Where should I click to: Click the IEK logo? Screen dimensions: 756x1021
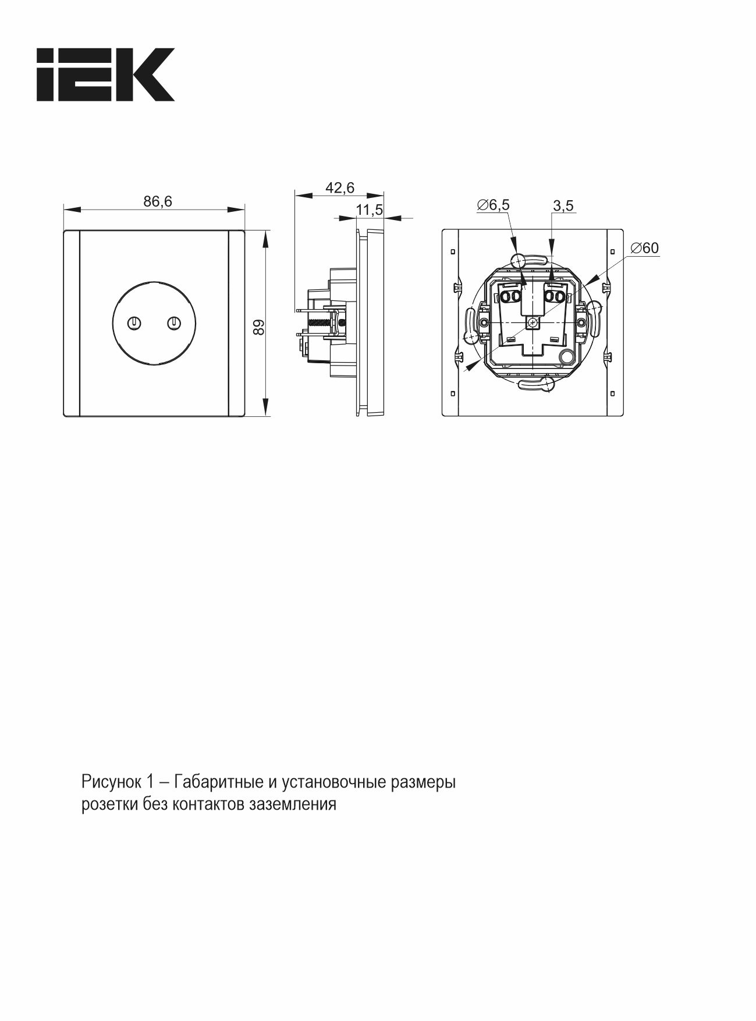point(105,75)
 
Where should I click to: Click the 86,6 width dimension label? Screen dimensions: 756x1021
point(158,201)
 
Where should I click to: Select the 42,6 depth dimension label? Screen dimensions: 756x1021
point(340,187)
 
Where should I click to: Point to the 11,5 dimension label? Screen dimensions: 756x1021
point(370,210)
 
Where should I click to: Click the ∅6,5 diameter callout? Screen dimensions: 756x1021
point(493,205)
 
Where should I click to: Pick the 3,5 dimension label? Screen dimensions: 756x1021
point(563,205)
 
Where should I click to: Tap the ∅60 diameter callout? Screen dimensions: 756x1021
point(644,248)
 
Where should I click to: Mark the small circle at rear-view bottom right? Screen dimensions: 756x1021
point(565,357)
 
